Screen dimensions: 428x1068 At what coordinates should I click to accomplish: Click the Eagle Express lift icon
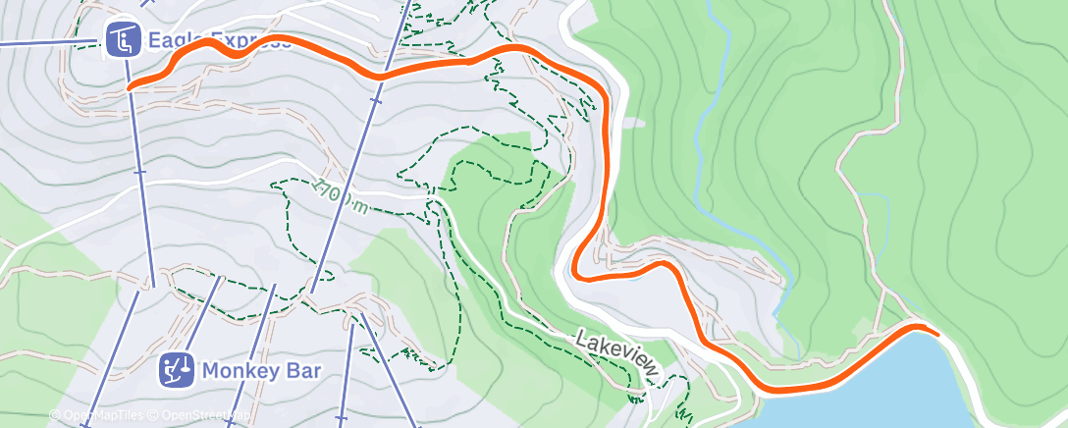122,40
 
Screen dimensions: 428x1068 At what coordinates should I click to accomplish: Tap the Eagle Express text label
218,40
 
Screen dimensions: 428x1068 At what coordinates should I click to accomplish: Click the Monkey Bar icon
178,369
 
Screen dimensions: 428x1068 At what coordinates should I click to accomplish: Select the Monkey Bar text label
262,370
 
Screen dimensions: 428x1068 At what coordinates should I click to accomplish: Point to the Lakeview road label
615,351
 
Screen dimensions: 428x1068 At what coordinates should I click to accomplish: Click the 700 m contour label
344,195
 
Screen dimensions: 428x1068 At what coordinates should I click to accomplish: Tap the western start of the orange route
131,87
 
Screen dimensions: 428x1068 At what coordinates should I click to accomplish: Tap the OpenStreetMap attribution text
193,415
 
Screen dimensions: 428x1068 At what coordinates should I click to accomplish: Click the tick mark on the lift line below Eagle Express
139,171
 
